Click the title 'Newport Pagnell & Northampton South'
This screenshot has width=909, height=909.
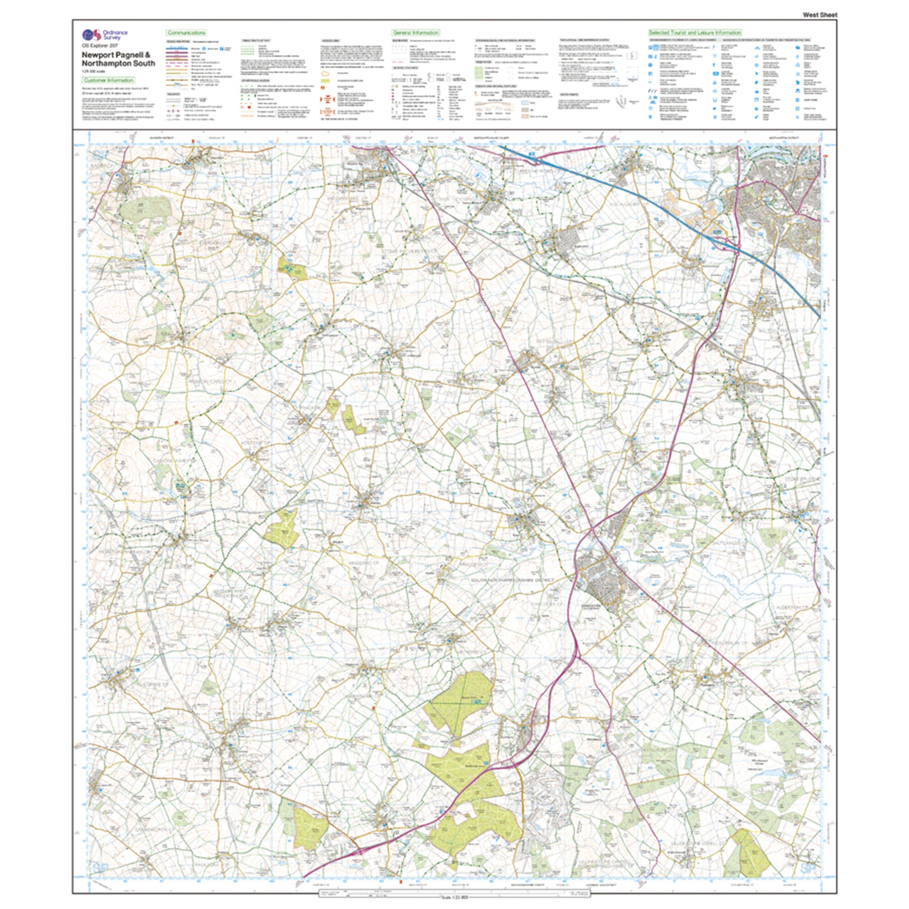coord(118,59)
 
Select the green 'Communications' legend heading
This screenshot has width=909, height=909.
coord(186,33)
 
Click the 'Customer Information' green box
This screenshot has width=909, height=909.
coord(108,81)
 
